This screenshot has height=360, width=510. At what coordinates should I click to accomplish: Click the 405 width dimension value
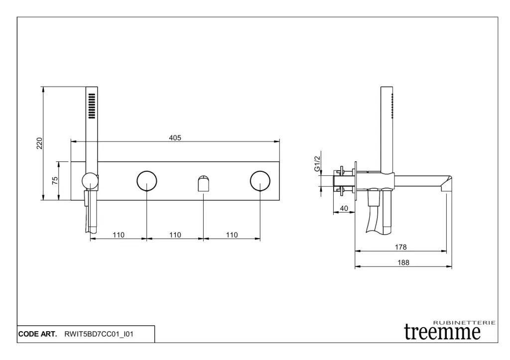pos(175,137)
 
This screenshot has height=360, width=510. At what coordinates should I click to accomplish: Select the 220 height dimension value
pos(39,143)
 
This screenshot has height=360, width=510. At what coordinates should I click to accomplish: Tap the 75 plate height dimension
pos(55,180)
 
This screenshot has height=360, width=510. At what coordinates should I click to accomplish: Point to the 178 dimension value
pos(401,247)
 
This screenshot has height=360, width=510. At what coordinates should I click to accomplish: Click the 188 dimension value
pos(403,262)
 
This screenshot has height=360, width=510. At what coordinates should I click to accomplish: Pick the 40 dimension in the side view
pos(344,209)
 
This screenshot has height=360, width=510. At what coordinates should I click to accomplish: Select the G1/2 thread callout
pos(317,164)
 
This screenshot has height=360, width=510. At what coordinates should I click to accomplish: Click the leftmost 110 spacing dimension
pos(119,235)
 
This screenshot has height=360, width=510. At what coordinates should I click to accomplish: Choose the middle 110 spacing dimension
pos(175,235)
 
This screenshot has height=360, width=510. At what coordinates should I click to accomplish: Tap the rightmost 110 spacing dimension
pos(232,235)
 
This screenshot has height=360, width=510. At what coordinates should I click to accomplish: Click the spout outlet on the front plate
pos(203,184)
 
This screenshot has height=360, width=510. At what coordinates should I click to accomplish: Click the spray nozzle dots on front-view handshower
pos(92,106)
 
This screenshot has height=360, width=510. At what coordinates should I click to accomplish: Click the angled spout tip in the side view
pos(446,184)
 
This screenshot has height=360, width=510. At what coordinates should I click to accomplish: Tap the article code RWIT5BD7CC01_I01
pos(99,334)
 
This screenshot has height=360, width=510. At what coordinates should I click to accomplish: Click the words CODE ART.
pos(37,334)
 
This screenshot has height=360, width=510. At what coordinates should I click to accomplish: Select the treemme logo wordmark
pos(442,332)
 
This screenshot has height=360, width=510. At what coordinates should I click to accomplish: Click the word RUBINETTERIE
pos(464,323)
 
